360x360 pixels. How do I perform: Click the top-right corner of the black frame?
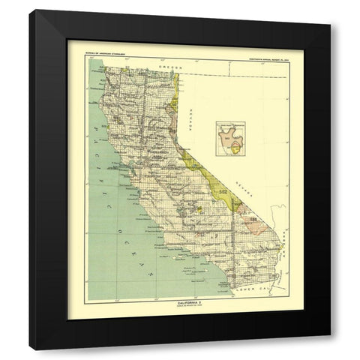[x=329, y=28]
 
